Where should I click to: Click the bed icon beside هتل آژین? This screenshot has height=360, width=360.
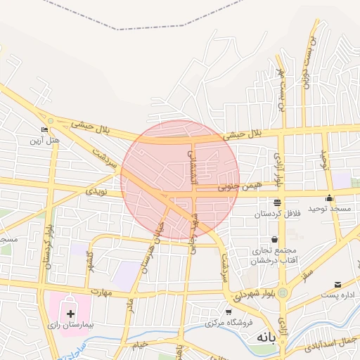coord(45,130)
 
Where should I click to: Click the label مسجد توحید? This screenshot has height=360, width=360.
coord(329,210)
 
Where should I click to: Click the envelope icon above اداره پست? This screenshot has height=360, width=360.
coord(338,285)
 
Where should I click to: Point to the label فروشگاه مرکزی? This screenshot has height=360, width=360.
coord(229,323)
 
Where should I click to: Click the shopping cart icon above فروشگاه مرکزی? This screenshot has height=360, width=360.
coord(229,311)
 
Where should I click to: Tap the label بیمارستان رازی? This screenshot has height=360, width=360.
coord(70,327)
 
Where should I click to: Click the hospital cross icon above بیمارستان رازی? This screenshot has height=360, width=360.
coord(70,312)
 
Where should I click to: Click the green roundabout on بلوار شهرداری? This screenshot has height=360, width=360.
coord(283,292)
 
